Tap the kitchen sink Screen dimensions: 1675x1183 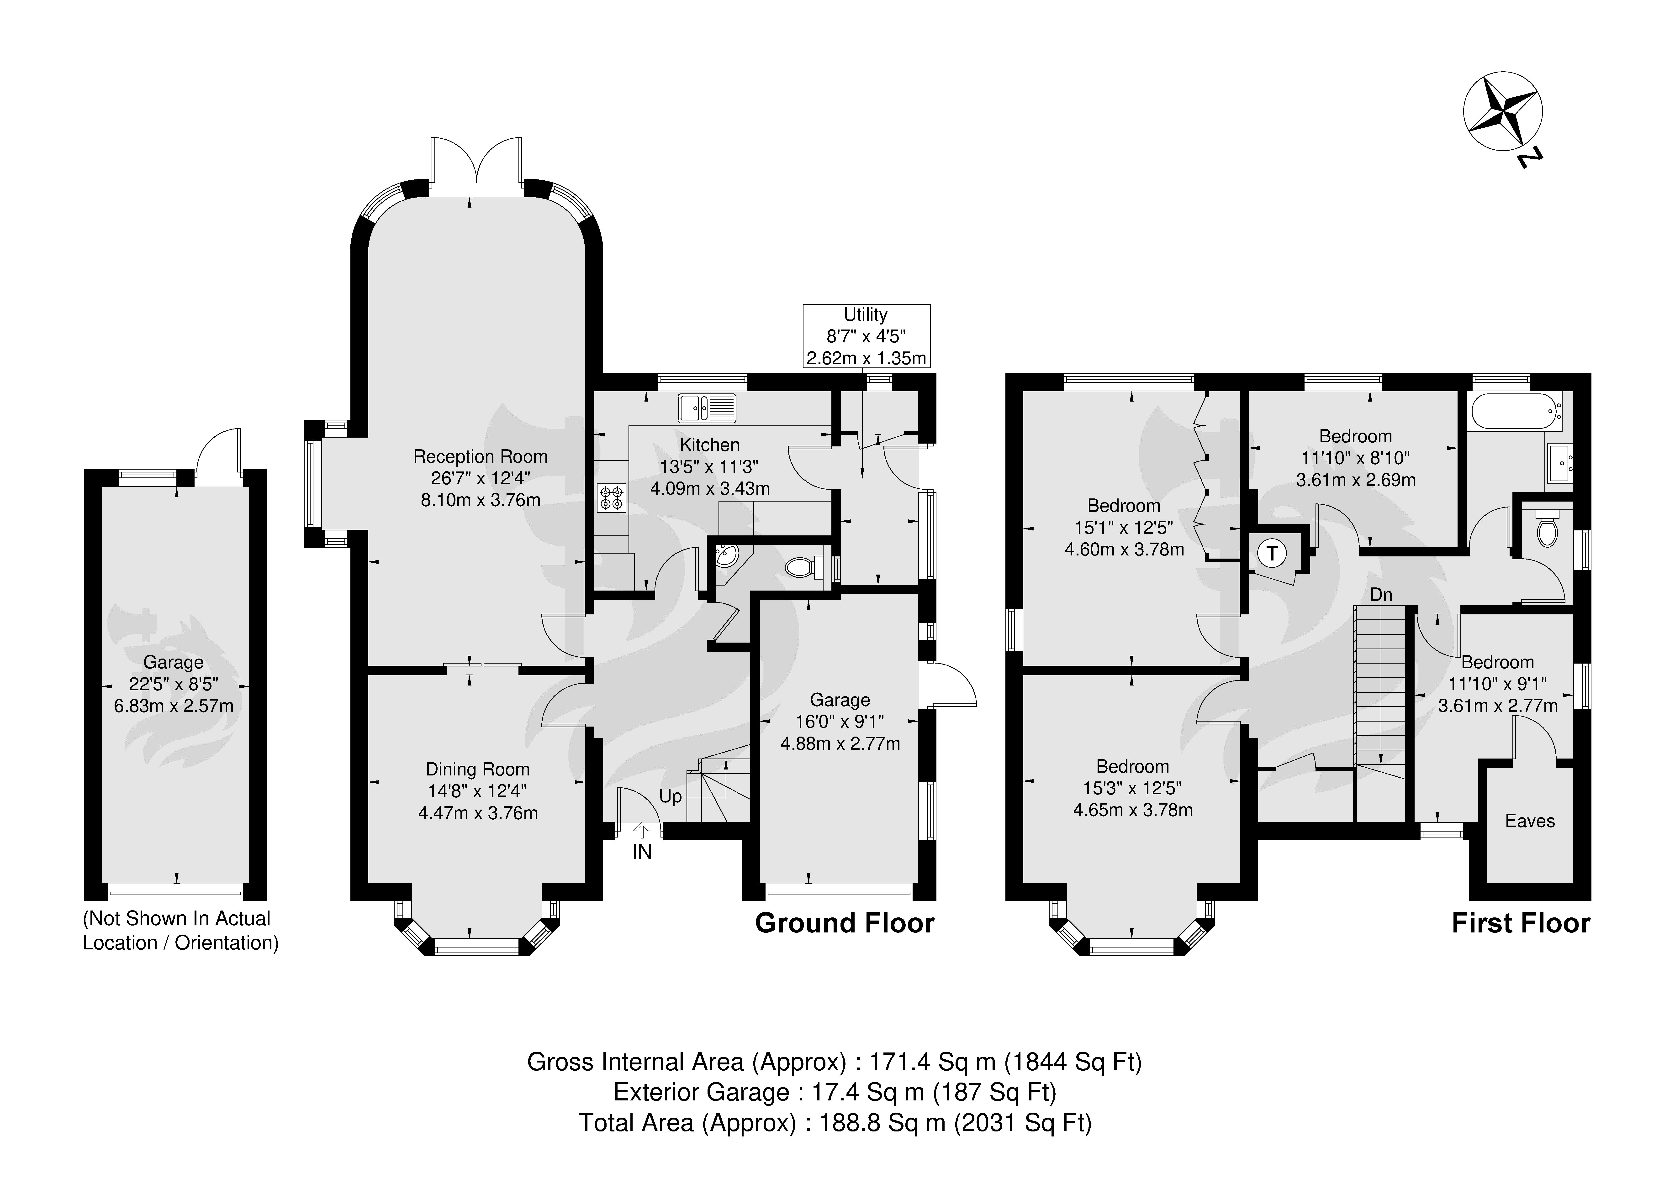708,408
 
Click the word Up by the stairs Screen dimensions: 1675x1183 671,796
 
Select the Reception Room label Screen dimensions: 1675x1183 480,457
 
